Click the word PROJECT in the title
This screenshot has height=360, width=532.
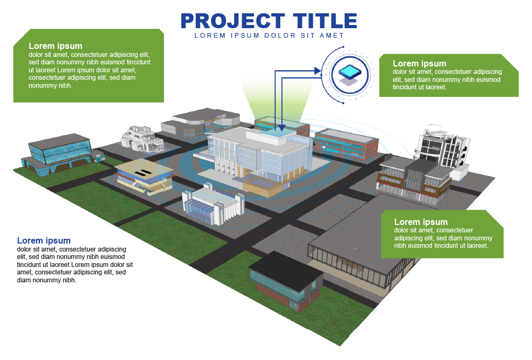(x=233, y=21)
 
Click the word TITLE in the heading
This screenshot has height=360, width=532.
(x=325, y=21)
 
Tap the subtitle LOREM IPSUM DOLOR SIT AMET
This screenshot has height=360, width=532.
(x=269, y=36)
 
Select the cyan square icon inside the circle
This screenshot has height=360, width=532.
(x=350, y=72)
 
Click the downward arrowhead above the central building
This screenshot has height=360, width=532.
(x=281, y=128)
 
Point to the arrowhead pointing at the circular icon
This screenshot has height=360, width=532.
(x=318, y=71)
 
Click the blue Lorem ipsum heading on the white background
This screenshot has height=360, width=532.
(x=44, y=241)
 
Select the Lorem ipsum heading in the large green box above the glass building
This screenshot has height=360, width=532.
(x=55, y=46)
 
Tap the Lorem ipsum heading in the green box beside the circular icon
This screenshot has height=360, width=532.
(x=419, y=63)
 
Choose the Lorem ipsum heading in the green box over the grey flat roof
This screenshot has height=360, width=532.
(x=421, y=222)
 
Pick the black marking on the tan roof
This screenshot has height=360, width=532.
(x=143, y=172)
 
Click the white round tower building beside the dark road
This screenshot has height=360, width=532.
(x=442, y=151)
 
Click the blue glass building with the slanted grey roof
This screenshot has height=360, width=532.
(x=57, y=155)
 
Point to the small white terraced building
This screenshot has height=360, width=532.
(x=142, y=139)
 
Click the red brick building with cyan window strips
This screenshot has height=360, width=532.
(x=346, y=144)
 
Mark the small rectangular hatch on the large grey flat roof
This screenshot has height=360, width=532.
(x=360, y=245)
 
